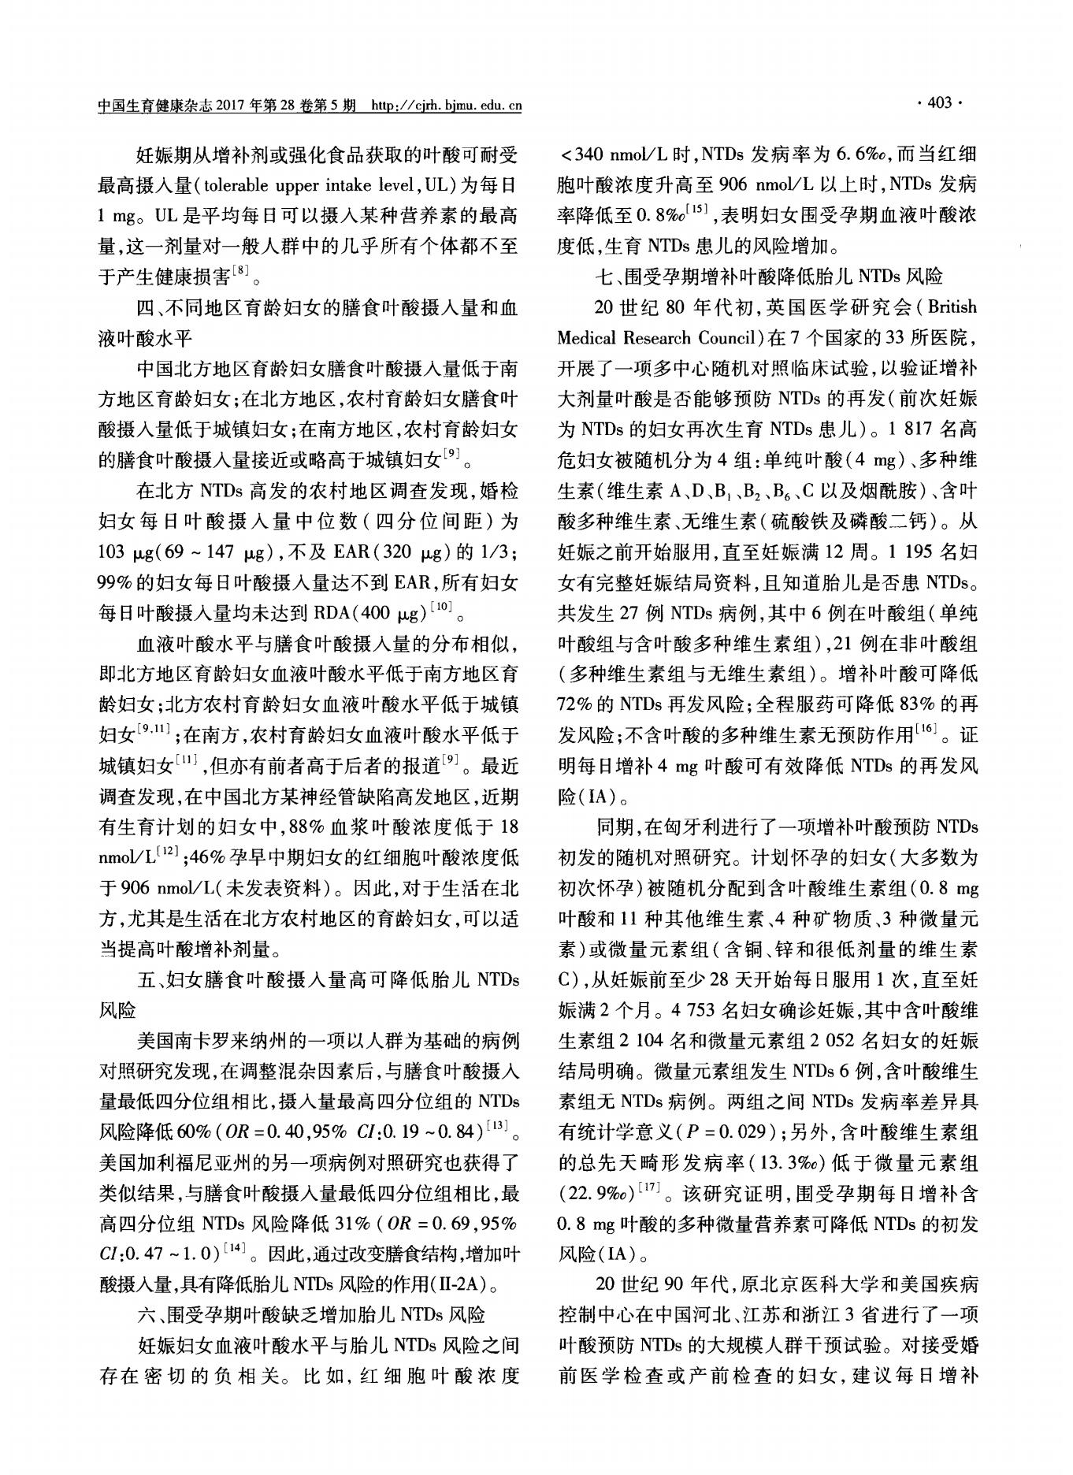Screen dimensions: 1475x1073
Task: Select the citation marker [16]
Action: (x=926, y=730)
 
